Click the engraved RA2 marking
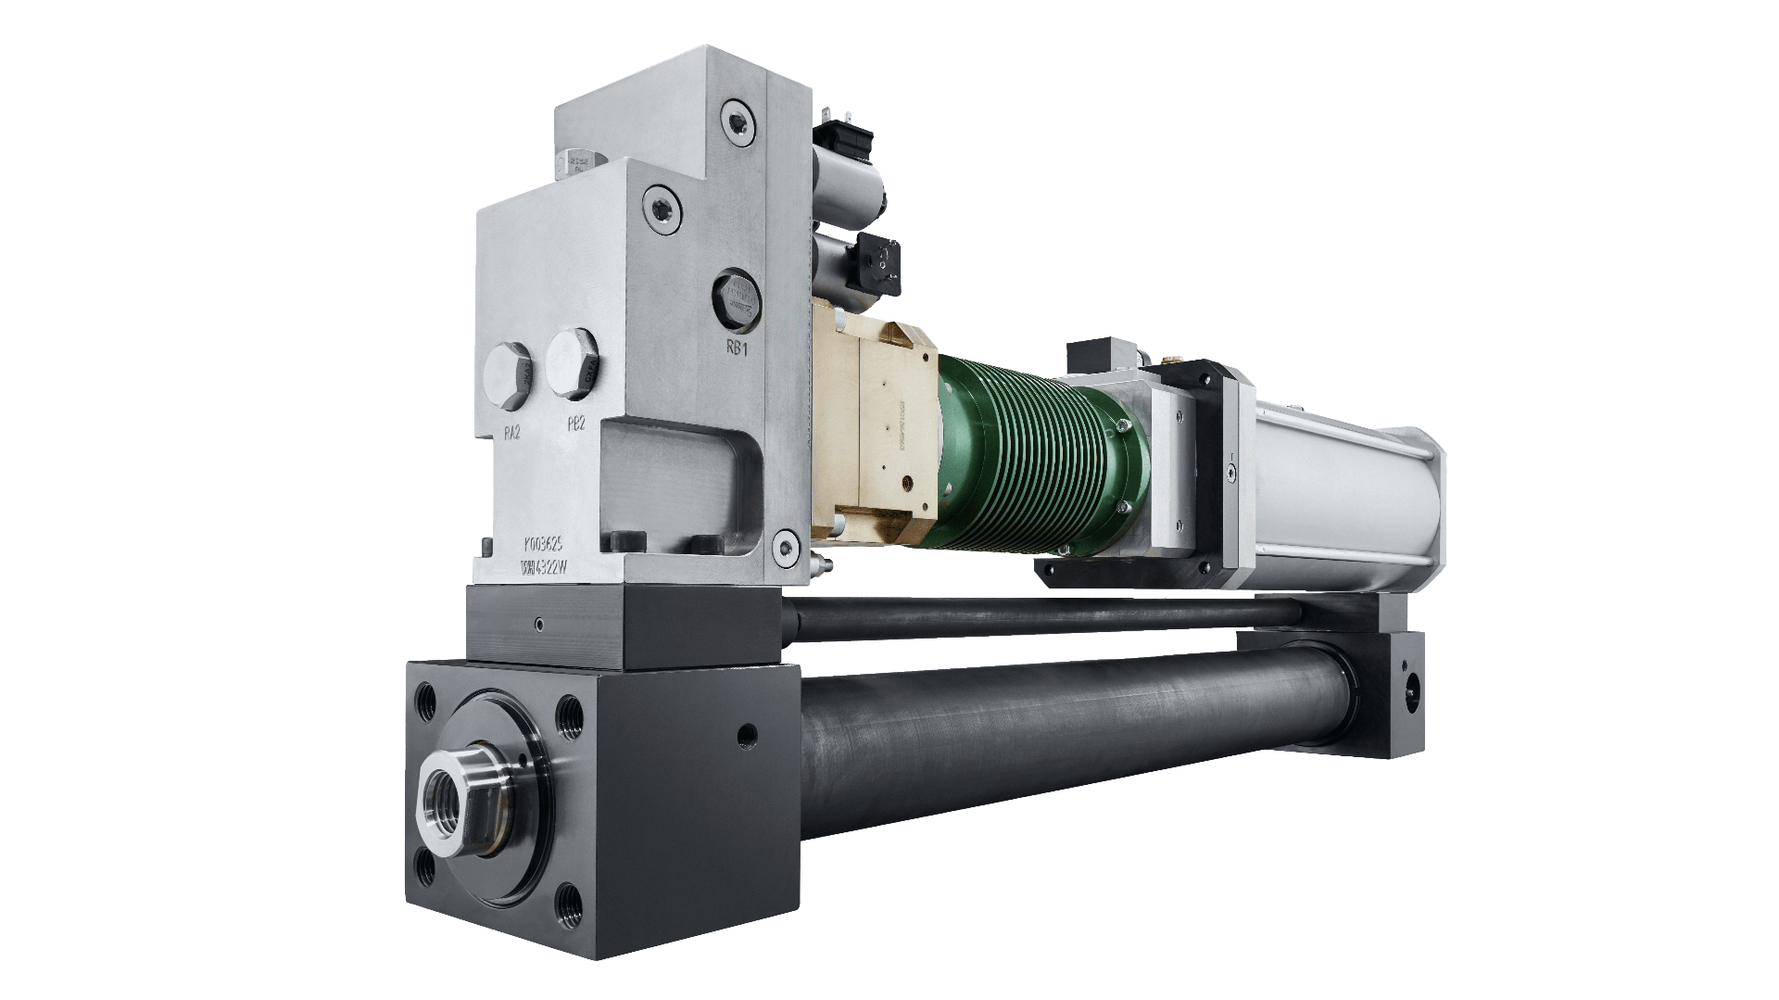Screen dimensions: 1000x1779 pyautogui.click(x=510, y=430)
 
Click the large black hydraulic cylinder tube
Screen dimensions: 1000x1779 pyautogui.click(x=1066, y=741)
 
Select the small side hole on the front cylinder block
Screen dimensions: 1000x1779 pyautogui.click(x=739, y=737)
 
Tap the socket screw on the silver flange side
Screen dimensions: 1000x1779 pyautogui.click(x=1230, y=469)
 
